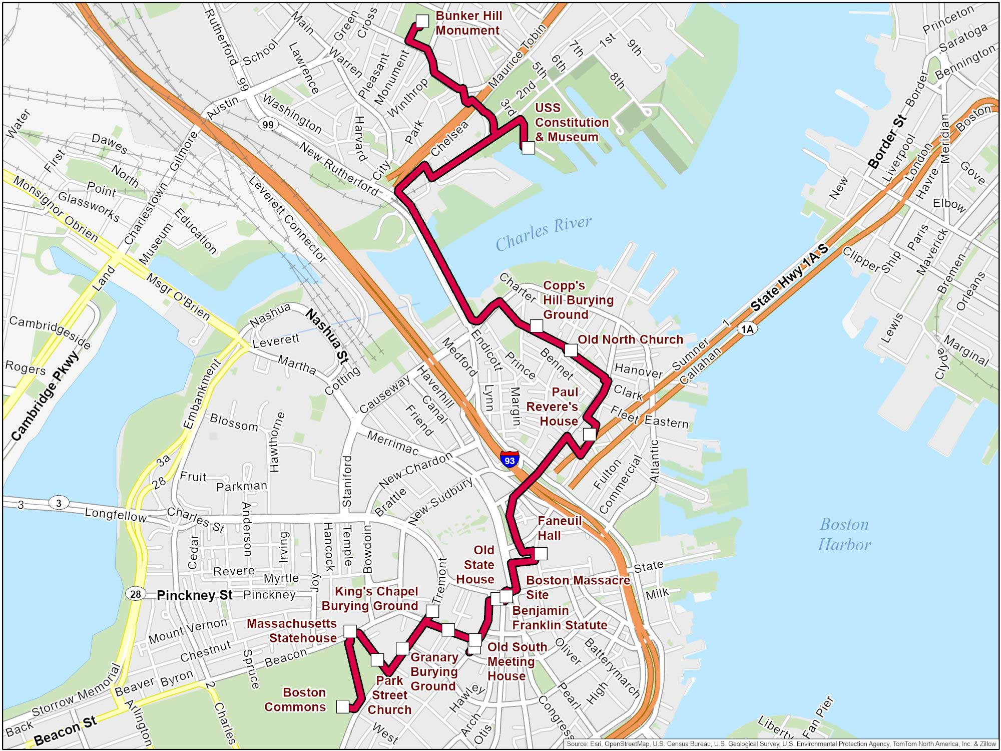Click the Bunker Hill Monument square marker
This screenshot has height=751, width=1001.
click(422, 21)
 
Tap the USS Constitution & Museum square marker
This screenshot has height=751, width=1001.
click(528, 148)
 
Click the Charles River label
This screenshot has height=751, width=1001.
click(544, 233)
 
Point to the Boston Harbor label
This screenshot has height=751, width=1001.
click(844, 534)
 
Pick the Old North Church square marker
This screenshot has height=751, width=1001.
click(571, 350)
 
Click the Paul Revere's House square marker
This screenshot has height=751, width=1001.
click(590, 434)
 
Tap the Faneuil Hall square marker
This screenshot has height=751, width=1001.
click(541, 553)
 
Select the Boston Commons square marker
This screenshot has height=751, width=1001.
click(343, 706)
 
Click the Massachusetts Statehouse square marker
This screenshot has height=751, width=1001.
click(350, 631)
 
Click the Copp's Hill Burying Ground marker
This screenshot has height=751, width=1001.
click(536, 326)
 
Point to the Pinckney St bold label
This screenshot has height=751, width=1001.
click(195, 595)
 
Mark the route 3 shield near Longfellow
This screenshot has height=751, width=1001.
click(59, 503)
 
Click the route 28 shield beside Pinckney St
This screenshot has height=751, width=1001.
click(135, 594)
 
